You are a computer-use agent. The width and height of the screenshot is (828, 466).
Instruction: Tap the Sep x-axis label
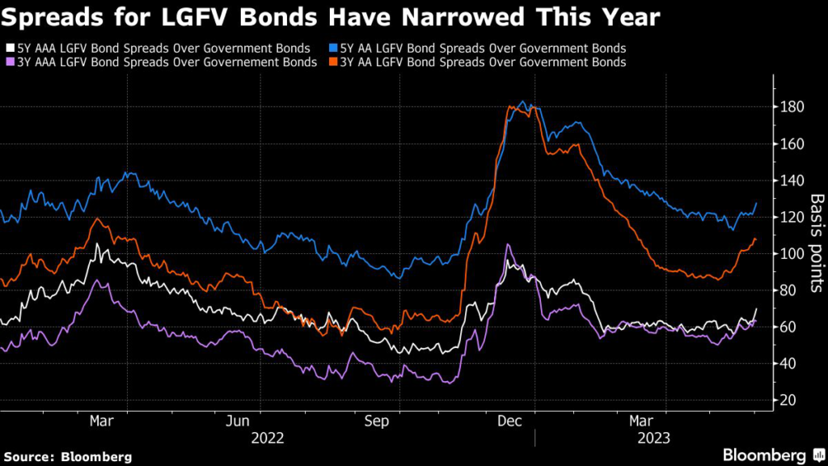(x=378, y=421)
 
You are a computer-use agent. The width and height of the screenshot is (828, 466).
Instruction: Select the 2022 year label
(x=268, y=438)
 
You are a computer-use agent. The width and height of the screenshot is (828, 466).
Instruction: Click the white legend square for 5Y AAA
(x=9, y=49)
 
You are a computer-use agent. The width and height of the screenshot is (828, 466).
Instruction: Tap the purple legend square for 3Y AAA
(x=9, y=62)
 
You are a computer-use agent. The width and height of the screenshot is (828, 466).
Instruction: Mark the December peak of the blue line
(x=522, y=102)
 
